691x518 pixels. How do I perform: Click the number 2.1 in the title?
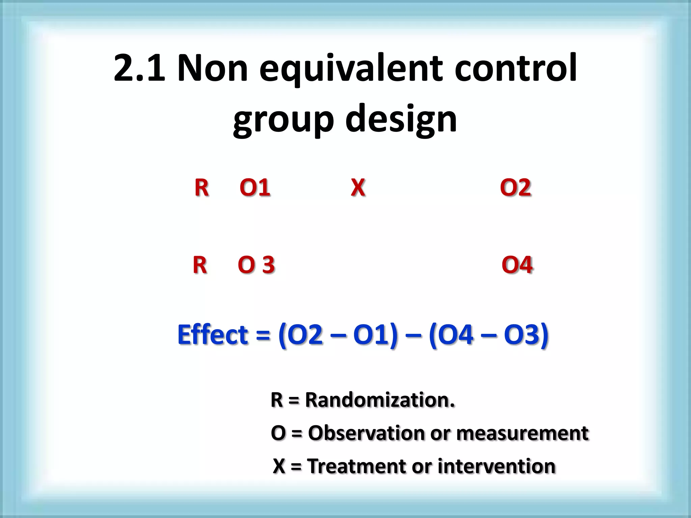click(139, 68)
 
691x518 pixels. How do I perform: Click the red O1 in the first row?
click(255, 188)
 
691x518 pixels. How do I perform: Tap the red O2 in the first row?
click(515, 188)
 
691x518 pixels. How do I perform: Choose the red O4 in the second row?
click(517, 265)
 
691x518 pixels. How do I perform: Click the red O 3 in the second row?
click(256, 265)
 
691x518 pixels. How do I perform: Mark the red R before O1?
click(201, 188)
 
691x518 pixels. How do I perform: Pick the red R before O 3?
click(200, 265)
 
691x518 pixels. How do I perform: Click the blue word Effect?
click(213, 335)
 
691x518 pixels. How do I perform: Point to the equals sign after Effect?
click(263, 336)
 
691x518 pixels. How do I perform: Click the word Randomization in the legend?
click(380, 400)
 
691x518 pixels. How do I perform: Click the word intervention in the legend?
click(496, 466)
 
